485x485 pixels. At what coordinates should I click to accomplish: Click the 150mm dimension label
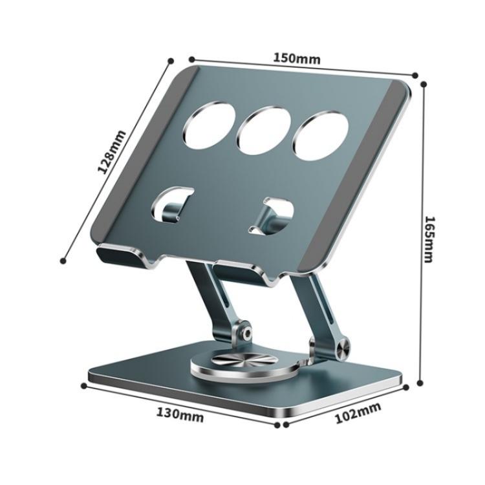pyautogui.click(x=296, y=58)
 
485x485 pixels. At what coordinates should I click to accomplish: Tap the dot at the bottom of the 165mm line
pyautogui.click(x=420, y=383)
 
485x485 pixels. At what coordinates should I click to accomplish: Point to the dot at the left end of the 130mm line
pyautogui.click(x=84, y=385)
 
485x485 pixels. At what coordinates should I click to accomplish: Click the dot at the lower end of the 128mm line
pyautogui.click(x=63, y=261)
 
